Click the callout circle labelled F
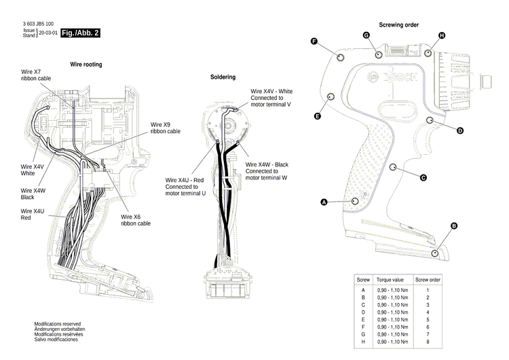pyautogui.click(x=314, y=41)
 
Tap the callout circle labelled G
pyautogui.click(x=366, y=35)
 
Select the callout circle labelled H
pyautogui.click(x=442, y=35)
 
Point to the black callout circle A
pyautogui.click(x=324, y=202)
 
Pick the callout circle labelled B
pyautogui.click(x=454, y=226)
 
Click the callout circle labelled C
pyautogui.click(x=423, y=178)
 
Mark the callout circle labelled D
pyautogui.click(x=459, y=130)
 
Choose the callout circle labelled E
pyautogui.click(x=317, y=117)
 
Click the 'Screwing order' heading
pyautogui.click(x=398, y=24)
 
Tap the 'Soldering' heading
pyautogui.click(x=223, y=77)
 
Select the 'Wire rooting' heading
pyautogui.click(x=86, y=64)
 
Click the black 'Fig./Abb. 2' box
pyautogui.click(x=80, y=33)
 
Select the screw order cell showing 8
pyautogui.click(x=428, y=342)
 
